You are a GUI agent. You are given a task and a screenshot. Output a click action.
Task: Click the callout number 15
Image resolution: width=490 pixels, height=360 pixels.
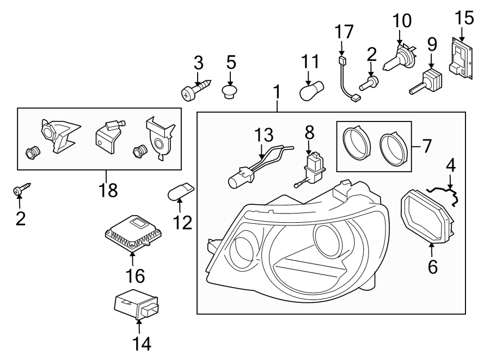click(x=464, y=19)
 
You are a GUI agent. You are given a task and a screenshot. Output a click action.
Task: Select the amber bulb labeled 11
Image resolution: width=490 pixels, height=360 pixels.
click(x=313, y=90)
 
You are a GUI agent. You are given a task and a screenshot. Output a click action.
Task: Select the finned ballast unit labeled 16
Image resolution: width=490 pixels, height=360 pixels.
click(x=131, y=233)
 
